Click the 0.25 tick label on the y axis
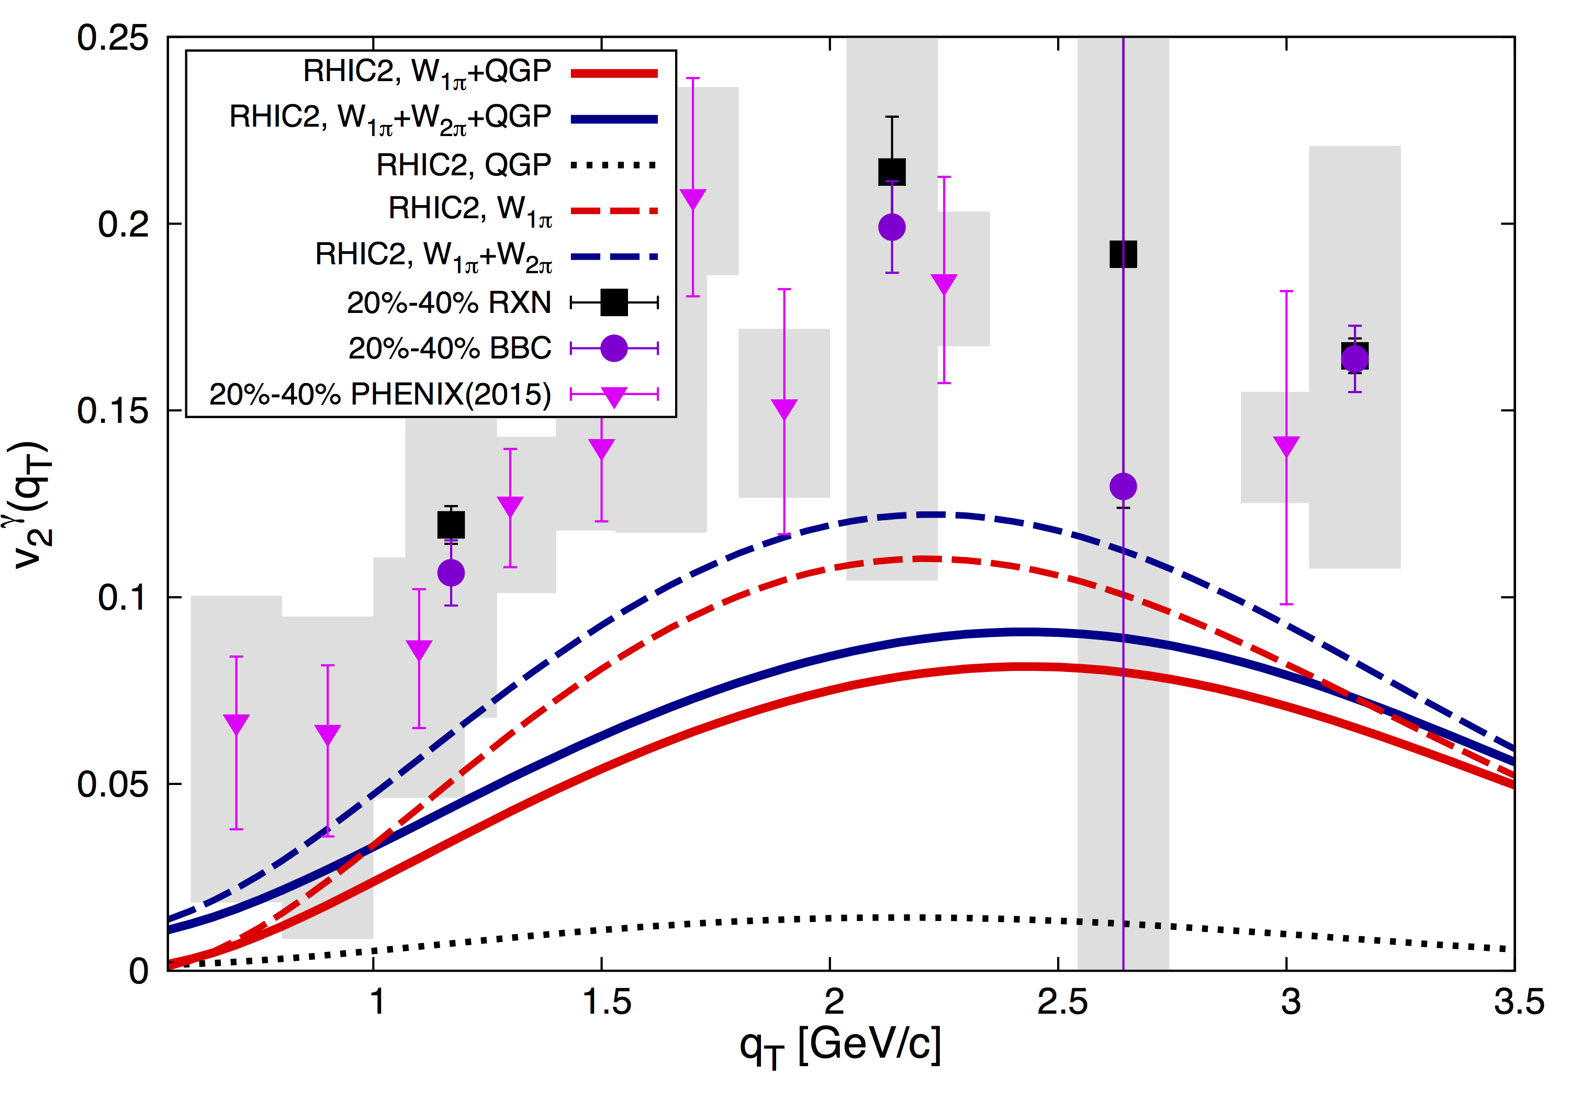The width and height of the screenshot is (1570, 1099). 113,38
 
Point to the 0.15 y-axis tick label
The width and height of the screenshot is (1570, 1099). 113,410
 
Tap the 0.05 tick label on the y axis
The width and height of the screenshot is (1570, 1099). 113,784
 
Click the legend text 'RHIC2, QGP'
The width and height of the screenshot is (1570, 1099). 464,165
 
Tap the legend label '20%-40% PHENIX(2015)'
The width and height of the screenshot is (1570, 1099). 380,395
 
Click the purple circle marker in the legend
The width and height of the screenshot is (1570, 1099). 614,349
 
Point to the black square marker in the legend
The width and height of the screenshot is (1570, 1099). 614,302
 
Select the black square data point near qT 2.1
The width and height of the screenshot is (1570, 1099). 892,172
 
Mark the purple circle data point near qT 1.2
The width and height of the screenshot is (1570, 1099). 451,573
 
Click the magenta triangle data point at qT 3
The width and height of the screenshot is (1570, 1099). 1286,445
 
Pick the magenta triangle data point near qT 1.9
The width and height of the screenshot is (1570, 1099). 784,408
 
